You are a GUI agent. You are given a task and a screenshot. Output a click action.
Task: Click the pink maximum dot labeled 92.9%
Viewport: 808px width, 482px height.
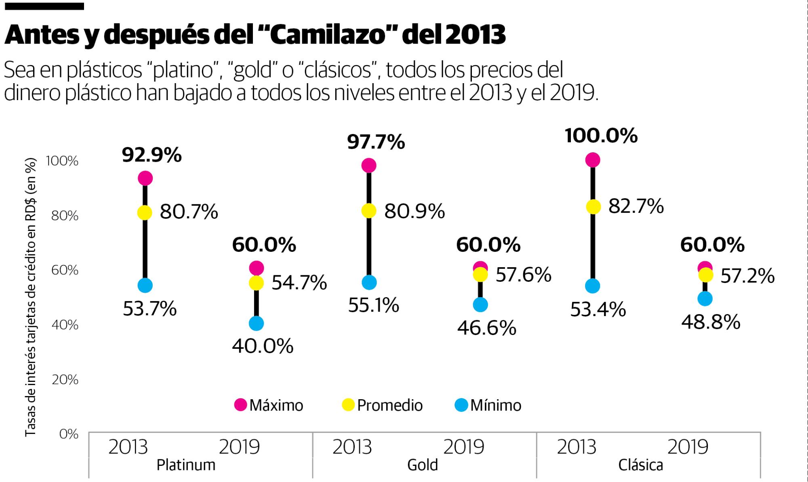(145, 178)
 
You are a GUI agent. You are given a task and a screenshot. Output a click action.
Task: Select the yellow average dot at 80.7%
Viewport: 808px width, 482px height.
(145, 212)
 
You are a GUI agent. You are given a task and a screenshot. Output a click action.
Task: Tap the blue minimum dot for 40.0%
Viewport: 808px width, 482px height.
(256, 323)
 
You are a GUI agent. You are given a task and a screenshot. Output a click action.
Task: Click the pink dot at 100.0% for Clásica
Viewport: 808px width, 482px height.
(592, 160)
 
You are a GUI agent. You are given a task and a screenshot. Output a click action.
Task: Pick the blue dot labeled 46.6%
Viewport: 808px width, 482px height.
(480, 304)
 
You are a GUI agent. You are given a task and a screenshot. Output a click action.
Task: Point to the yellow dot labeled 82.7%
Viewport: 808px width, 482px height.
(593, 207)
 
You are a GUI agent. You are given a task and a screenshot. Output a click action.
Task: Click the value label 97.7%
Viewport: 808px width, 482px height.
(376, 143)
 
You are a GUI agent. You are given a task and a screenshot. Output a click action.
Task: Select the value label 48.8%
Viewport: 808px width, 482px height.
(711, 323)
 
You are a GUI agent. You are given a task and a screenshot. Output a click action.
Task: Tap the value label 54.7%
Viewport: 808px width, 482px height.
(299, 283)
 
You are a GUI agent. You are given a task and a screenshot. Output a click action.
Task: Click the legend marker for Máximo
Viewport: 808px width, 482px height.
(241, 405)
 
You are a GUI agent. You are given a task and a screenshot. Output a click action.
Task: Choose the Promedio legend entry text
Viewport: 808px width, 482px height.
(389, 405)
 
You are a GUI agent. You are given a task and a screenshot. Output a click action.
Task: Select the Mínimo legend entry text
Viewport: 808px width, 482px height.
(496, 405)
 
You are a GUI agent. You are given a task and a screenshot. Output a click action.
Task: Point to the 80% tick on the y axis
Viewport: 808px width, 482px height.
(65, 216)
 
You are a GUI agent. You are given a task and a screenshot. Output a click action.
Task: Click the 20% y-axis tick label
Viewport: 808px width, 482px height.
(65, 380)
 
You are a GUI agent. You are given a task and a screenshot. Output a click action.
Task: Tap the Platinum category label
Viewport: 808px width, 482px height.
(186, 465)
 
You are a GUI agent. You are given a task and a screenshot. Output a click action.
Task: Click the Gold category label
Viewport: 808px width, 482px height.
(422, 465)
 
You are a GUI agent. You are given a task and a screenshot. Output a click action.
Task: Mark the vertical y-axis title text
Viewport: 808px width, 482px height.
(31, 297)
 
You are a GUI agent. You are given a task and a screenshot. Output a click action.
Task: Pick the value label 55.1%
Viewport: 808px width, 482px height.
(373, 306)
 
